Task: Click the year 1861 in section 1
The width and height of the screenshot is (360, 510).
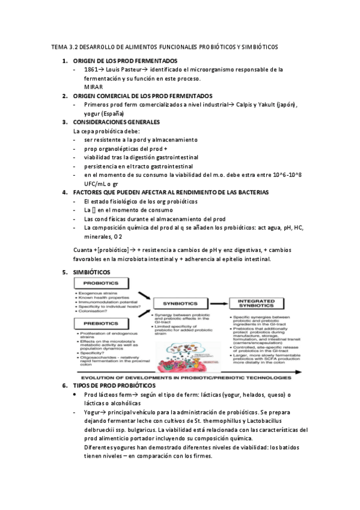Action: pyautogui.click(x=92, y=70)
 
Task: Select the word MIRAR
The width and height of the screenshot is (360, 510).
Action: pyautogui.click(x=94, y=87)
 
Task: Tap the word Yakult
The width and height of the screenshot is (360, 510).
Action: pyautogui.click(x=267, y=105)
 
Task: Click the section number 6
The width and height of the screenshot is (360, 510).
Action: pyautogui.click(x=66, y=368)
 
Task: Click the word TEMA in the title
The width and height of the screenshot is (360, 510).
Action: pyautogui.click(x=61, y=46)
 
